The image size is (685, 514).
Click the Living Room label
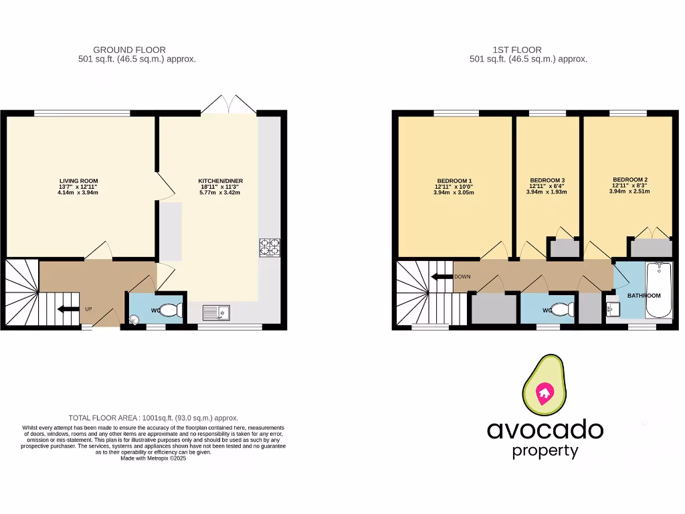[x=79, y=181]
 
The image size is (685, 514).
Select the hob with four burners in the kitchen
[x=270, y=247]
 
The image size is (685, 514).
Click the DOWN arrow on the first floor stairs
[x=441, y=276]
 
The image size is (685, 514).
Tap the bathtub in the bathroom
[x=659, y=289]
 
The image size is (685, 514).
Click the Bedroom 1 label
[x=455, y=181]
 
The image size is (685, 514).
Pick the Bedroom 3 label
[x=547, y=181]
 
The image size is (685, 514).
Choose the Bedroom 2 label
[x=629, y=180]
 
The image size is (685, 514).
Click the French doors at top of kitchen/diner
[x=228, y=104]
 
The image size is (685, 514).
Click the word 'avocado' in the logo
[x=545, y=430]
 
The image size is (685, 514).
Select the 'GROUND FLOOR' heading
[x=129, y=50]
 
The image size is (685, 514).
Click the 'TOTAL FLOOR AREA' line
[x=153, y=418]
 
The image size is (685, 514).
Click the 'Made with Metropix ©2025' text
[x=153, y=458]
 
